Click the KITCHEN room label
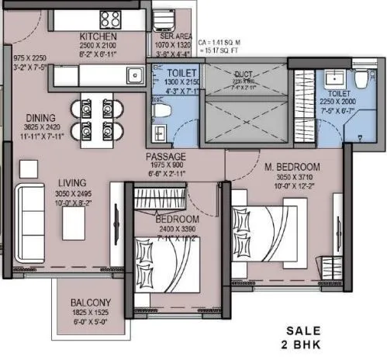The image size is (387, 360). coord(98,36)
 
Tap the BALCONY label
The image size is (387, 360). coord(91,302)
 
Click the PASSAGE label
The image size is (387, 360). coord(165,156)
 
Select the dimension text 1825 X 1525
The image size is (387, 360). coord(92,312)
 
